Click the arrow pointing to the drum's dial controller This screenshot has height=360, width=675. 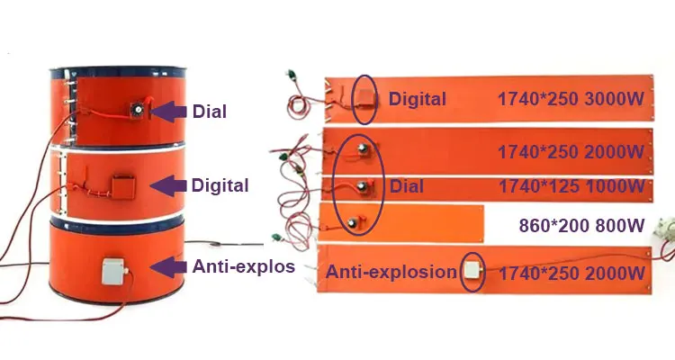tap(168, 111)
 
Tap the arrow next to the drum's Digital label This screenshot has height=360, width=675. tap(168, 185)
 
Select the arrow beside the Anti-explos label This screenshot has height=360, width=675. tap(168, 267)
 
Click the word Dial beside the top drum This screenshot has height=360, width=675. tap(209, 112)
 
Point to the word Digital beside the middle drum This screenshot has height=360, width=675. tap(220, 185)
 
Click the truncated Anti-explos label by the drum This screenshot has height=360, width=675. tap(244, 266)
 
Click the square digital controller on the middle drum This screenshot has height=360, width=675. tap(123, 186)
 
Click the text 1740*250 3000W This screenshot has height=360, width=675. tap(571, 99)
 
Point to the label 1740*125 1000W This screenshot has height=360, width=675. tap(571, 186)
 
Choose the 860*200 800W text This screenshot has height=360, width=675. tap(581, 226)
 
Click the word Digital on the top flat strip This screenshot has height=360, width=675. tap(417, 100)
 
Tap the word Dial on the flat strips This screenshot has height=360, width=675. tap(407, 186)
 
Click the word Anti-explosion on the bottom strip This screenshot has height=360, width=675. tap(391, 272)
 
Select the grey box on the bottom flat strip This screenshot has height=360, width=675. tap(472, 271)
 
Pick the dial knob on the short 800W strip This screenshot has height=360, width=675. tap(353, 221)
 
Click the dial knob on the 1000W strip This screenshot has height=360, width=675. tap(362, 186)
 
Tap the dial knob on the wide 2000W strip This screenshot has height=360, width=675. tap(363, 148)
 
